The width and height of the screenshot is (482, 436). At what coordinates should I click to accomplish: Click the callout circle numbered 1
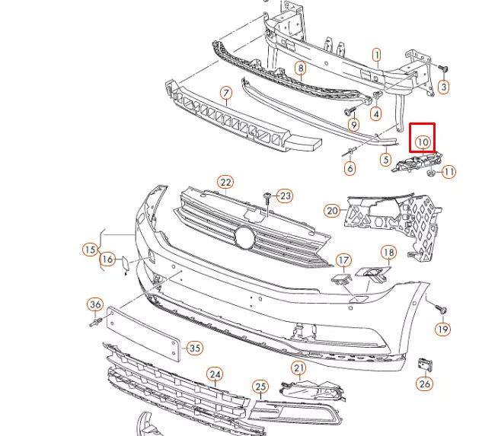click(376, 55)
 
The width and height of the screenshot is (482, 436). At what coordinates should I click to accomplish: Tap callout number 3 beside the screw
click(444, 88)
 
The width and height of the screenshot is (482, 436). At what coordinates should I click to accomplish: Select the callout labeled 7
click(226, 94)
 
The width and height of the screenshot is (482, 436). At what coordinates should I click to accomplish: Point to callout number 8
click(301, 68)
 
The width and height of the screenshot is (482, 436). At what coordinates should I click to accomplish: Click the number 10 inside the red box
click(423, 142)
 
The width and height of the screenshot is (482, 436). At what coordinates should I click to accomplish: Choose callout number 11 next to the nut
click(448, 172)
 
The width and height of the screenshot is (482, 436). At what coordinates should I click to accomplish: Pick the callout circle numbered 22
click(225, 182)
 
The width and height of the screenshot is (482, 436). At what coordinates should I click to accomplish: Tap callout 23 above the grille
click(284, 196)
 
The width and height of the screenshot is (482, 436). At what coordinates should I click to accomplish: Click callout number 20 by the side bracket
click(331, 211)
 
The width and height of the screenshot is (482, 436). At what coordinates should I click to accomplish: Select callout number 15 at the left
click(91, 249)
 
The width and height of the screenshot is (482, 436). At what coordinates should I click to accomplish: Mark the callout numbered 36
click(95, 305)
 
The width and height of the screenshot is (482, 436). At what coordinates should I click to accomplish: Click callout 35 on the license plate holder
click(195, 348)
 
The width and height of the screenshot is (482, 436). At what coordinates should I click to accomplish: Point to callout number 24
click(215, 374)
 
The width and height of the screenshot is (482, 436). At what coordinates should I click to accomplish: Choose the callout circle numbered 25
click(260, 387)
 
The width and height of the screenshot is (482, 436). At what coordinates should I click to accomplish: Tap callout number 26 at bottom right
click(425, 383)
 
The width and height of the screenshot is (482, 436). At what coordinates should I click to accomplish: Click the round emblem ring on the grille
click(244, 237)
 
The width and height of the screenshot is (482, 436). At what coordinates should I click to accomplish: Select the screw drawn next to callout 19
click(441, 309)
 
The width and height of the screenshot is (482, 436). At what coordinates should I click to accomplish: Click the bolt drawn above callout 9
click(353, 111)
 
